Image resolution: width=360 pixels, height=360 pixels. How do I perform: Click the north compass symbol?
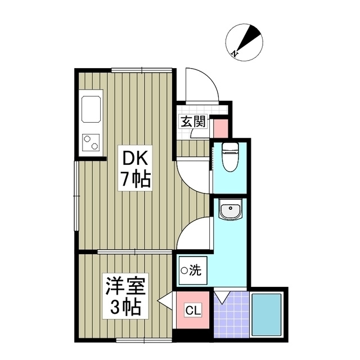pyautogui.click(x=244, y=40)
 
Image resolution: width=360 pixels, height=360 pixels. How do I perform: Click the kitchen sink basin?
pyautogui.click(x=91, y=109)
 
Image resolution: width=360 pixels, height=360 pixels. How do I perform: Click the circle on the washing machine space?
pyautogui.click(x=184, y=271)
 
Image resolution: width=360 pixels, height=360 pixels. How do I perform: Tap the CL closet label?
pyautogui.click(x=193, y=310)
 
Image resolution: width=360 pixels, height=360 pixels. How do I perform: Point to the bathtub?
pyautogui.click(x=268, y=315)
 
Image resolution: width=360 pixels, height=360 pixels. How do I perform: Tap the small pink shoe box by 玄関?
pyautogui.click(x=220, y=126)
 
